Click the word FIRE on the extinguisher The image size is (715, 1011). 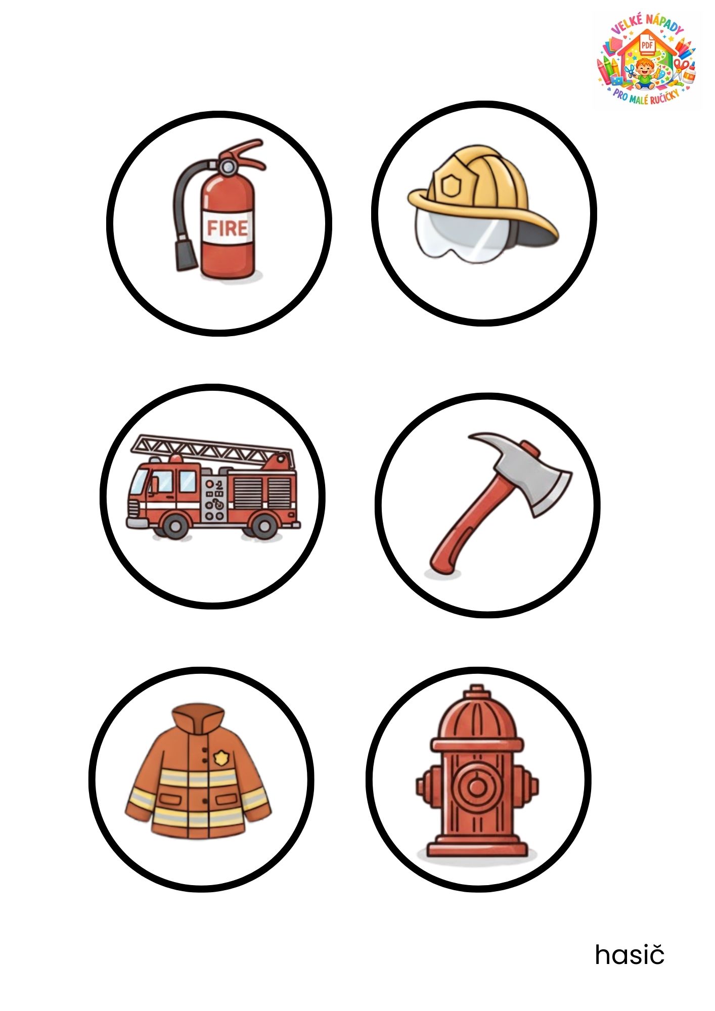pos(228,228)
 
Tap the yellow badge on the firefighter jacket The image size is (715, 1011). pos(221,757)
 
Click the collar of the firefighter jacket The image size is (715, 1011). pos(198,718)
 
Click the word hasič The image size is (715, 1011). pos(630,954)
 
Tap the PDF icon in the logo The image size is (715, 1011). pos(648,44)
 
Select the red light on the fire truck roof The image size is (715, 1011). pos(176,458)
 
